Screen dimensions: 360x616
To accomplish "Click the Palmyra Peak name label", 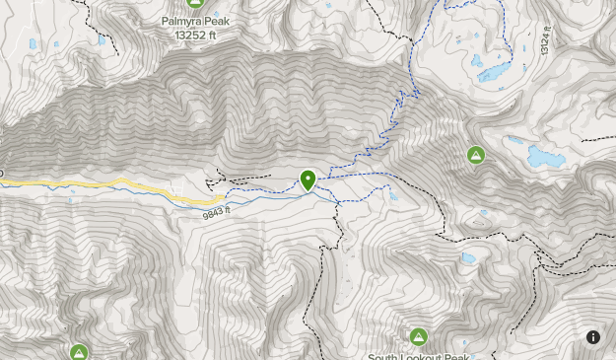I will [194, 20].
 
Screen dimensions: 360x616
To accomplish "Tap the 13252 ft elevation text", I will [194, 35].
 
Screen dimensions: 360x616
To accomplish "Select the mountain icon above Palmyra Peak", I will [194, 4].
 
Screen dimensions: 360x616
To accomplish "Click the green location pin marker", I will [308, 180].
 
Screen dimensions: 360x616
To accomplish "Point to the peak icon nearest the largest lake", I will [476, 155].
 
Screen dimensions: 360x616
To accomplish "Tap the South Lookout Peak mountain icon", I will [419, 336].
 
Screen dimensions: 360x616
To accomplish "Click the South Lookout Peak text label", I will [419, 355].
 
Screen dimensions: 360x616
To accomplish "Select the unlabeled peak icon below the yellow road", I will [79, 352].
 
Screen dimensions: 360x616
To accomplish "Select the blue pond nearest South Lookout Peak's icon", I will [468, 258].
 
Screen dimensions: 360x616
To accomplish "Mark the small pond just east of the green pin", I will [393, 196].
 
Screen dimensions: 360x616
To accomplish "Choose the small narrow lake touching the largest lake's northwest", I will [514, 140].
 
